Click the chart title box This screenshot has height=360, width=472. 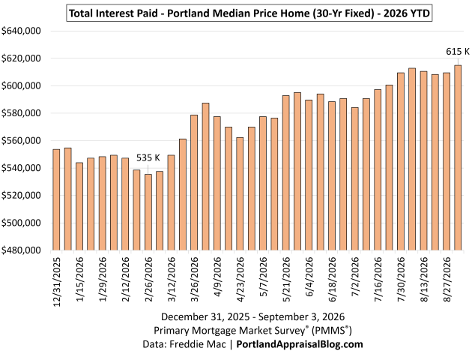[x=249, y=13]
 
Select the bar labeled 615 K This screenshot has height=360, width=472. [x=458, y=157]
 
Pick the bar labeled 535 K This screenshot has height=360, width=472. [x=148, y=212]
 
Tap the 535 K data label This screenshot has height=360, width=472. [x=148, y=157]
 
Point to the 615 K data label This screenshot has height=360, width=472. [x=458, y=52]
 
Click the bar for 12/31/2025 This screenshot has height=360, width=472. [x=56, y=199]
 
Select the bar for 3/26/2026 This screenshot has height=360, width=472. [x=194, y=182]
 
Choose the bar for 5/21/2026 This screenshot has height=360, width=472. [x=285, y=173]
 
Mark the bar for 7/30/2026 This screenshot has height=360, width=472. [x=401, y=161]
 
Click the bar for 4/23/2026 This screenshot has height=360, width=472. [x=240, y=193]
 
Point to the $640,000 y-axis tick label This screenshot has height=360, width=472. [x=21, y=31]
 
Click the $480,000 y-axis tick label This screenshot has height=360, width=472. [x=21, y=250]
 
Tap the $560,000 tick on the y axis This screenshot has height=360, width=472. [x=21, y=140]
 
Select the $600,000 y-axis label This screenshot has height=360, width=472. [x=21, y=85]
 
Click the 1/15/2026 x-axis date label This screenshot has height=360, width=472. [x=79, y=279]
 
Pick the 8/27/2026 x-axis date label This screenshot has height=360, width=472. [x=447, y=279]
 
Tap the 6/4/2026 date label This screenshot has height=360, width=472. [x=309, y=277]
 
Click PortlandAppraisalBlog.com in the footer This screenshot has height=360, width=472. [x=300, y=344]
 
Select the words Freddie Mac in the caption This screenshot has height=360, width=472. [x=198, y=344]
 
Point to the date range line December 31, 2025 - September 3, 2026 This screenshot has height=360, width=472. [x=253, y=316]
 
